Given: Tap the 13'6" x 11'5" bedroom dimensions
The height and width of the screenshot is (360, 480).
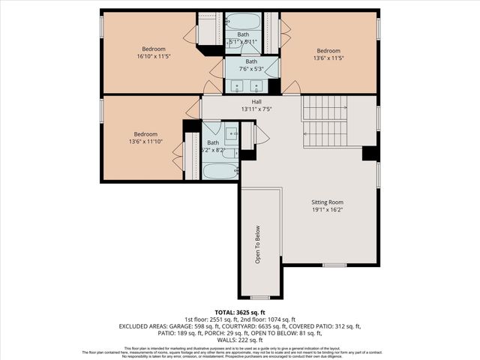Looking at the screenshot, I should (x=328, y=55).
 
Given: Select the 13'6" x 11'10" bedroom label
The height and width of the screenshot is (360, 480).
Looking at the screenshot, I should (x=144, y=139).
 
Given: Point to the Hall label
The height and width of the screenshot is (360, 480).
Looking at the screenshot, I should (x=256, y=101).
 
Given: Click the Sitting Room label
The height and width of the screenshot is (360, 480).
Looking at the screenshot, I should (x=327, y=202).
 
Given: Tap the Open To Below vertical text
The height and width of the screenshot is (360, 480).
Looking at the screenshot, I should (x=257, y=244).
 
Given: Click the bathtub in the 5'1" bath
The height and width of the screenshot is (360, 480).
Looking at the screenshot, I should (x=242, y=20).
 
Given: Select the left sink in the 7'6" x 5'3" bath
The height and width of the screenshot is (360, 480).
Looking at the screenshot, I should (x=238, y=85).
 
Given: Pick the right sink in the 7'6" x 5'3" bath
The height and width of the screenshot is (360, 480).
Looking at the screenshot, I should (x=257, y=85).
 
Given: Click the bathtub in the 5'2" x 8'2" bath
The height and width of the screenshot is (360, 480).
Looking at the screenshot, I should (x=220, y=171).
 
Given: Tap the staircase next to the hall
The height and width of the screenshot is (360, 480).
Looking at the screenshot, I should (x=325, y=121).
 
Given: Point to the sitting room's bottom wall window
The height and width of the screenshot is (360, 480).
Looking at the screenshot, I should (x=334, y=265).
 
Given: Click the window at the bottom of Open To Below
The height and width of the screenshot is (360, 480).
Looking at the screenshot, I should (x=259, y=298).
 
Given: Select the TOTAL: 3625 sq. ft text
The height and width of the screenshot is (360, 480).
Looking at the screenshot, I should (x=240, y=312).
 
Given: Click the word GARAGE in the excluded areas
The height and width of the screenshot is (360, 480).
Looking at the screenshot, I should (x=185, y=326).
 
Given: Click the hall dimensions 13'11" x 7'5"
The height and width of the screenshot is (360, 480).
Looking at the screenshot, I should (x=256, y=109).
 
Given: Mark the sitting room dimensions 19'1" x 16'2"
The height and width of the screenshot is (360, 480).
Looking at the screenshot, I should (x=327, y=210).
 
